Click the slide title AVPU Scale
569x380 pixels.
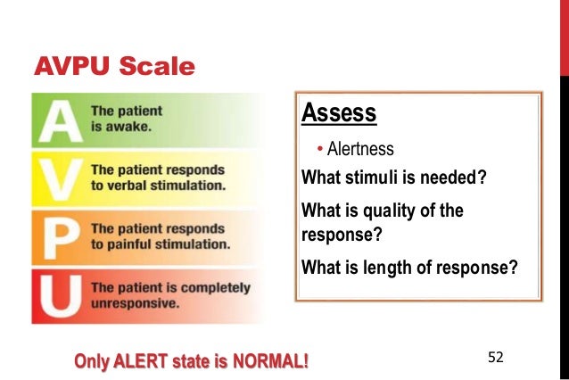click(113, 67)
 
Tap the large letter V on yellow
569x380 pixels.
click(59, 179)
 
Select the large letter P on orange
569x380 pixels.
click(59, 236)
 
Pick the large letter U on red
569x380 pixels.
click(59, 294)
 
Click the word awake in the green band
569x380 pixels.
click(131, 127)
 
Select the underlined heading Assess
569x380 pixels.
click(339, 114)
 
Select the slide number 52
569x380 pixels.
click(496, 357)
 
